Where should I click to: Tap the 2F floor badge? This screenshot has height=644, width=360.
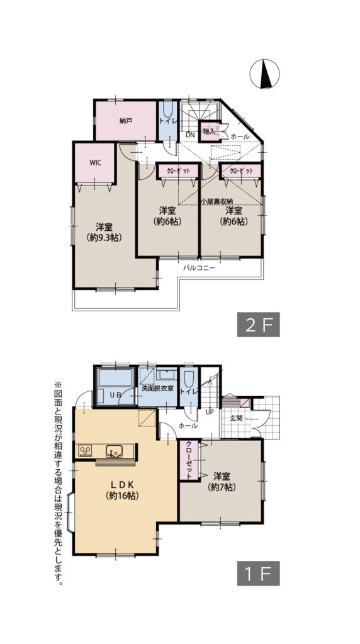tap(258, 326)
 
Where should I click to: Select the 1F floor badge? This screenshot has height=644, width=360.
tap(258, 573)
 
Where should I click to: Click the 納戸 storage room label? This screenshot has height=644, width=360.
tap(126, 120)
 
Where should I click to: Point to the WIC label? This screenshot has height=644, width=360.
tap(95, 162)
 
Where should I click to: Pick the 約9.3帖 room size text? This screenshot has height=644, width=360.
tap(104, 238)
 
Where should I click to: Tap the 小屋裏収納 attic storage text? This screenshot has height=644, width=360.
tap(216, 201)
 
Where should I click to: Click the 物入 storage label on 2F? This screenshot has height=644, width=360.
tap(208, 131)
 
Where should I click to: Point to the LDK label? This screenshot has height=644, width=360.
tap(122, 484)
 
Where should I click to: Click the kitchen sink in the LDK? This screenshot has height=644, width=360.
tap(114, 450)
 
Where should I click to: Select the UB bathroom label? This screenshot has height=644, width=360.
tap(115, 394)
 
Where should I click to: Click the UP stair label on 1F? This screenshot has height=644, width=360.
tap(210, 412)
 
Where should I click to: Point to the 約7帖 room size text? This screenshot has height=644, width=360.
tap(220, 487)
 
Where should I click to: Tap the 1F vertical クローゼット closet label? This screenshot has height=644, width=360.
tap(188, 461)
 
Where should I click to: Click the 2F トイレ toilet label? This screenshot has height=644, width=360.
tap(167, 119)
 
